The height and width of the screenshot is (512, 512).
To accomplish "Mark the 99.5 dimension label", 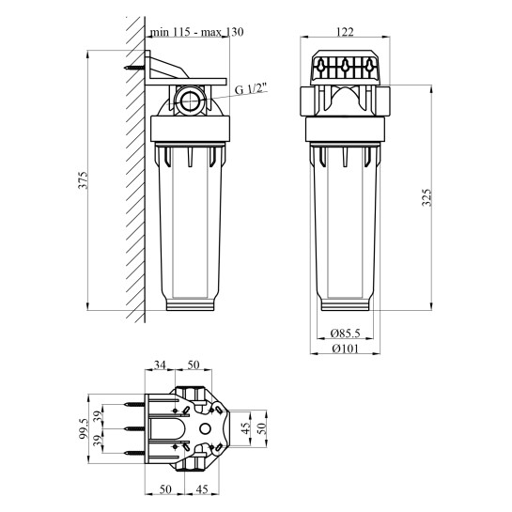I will pos(85,429).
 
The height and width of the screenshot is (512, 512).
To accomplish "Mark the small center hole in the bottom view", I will pos(205,429).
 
